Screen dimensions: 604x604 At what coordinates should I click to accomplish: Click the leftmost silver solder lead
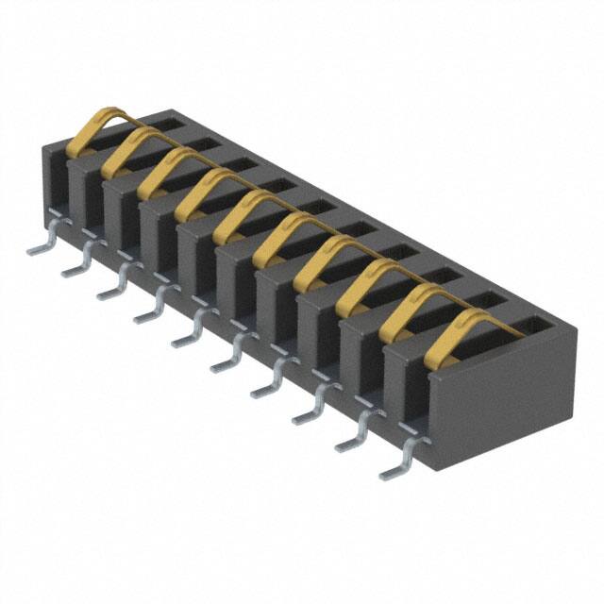(42, 243)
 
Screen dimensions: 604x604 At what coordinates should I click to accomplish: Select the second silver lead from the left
(76, 266)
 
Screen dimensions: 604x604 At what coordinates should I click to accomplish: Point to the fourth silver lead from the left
(149, 312)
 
